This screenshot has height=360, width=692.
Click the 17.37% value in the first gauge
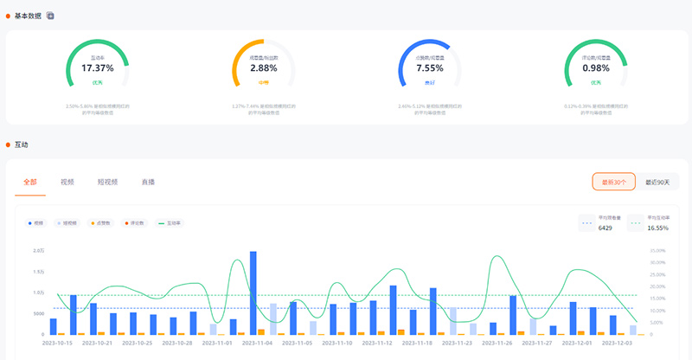(97, 67)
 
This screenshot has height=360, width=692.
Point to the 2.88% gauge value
(264, 67)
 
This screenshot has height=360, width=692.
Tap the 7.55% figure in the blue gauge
(430, 67)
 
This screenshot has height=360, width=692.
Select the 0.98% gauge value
(596, 67)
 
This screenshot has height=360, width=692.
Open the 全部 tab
(30, 183)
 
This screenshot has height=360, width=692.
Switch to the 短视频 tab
(108, 183)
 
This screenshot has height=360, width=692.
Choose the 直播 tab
(149, 183)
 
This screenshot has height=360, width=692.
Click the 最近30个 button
(614, 182)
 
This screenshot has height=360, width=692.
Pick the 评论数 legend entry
(135, 223)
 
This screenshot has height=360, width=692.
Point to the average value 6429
(605, 228)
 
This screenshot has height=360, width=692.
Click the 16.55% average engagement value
(658, 228)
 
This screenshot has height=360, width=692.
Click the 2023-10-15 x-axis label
(59, 343)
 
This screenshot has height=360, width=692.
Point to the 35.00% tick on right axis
(657, 251)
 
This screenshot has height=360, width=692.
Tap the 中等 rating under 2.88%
(264, 83)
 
